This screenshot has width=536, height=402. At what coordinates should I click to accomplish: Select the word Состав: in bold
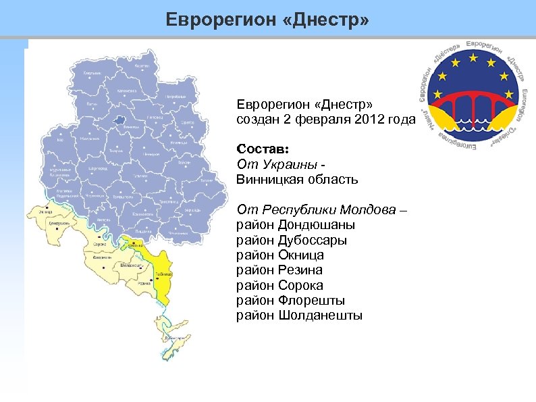pos(263,149)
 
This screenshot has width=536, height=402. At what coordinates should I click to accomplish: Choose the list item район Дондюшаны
pos(296,225)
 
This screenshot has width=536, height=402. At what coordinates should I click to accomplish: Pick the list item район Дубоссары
pos(292,240)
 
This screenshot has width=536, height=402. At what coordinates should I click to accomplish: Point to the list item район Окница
pos(279,255)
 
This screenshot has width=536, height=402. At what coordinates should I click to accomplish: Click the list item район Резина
pos(279,270)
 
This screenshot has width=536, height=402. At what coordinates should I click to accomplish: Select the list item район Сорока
pos(279,285)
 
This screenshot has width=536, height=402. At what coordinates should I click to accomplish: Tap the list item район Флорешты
pos(290,300)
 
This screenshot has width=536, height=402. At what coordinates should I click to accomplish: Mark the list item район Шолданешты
pos(299,316)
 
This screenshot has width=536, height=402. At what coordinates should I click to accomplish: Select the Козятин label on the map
pos(142,66)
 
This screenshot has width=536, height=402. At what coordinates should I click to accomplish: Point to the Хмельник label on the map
pos(92,72)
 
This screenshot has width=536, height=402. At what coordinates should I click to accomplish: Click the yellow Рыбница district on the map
pos(162,274)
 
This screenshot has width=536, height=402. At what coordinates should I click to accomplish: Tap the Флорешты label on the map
pos(103,257)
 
